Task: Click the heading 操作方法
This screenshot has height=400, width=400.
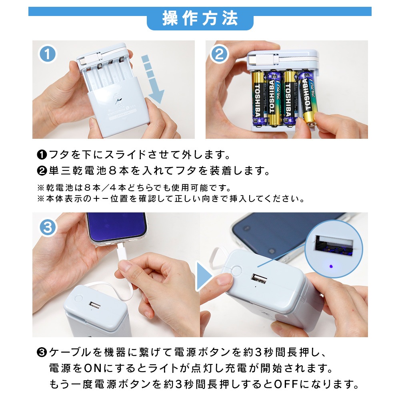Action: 200,18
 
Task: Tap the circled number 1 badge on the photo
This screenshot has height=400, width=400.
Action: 48,54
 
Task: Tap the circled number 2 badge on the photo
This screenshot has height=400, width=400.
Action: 219,54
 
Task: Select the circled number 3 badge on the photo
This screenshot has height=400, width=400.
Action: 48,227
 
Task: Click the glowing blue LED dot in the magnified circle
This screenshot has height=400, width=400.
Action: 331,266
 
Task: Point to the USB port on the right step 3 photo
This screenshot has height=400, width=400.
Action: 259,278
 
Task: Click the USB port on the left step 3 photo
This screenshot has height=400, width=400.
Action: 94,305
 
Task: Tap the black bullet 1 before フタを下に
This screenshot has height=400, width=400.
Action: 42,155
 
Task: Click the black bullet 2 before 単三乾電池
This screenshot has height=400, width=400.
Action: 42,171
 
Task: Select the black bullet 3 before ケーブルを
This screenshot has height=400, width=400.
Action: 42,352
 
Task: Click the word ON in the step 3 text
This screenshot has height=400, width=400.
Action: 93,368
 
